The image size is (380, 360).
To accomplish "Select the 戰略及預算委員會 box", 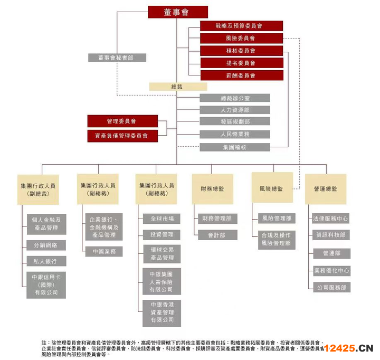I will pyautogui.click(x=241, y=26).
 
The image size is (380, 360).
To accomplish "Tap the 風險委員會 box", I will pyautogui.click(x=241, y=39).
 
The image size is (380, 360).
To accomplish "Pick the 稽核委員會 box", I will pyautogui.click(x=241, y=51).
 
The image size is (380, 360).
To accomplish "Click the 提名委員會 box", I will pyautogui.click(x=241, y=63).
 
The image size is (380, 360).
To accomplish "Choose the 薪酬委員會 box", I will pyautogui.click(x=241, y=75).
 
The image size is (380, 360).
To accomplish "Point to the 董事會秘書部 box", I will pyautogui.click(x=117, y=58).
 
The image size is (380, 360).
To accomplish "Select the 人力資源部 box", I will pyautogui.click(x=235, y=110).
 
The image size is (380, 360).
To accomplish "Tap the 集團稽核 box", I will pyautogui.click(x=235, y=147).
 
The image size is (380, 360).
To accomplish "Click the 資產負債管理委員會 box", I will pyautogui.click(x=122, y=136).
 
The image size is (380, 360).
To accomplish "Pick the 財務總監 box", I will pyautogui.click(x=212, y=188).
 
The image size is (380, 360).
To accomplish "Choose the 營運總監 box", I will pyautogui.click(x=326, y=188).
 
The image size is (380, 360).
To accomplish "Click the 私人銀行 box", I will pyautogui.click(x=46, y=261).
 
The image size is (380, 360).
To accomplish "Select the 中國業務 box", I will pyautogui.click(x=104, y=251).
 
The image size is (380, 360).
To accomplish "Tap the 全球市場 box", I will pyautogui.click(x=161, y=219).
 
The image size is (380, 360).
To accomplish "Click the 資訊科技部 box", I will pyautogui.click(x=331, y=235).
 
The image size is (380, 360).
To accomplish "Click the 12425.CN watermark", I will pyautogui.click(x=348, y=348).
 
